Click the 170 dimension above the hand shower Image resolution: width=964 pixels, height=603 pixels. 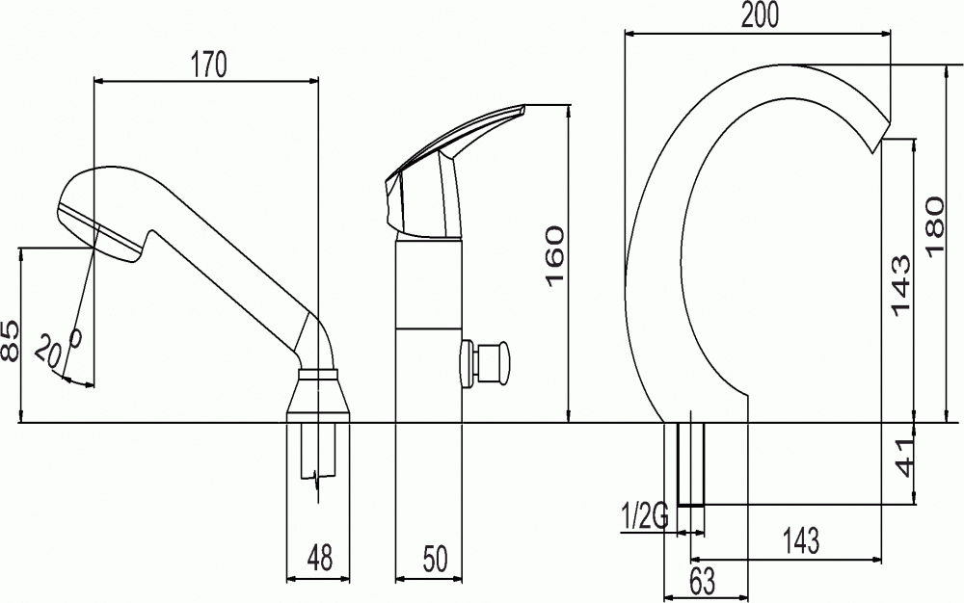click(208, 64)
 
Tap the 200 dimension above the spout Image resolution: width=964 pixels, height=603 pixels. click(760, 14)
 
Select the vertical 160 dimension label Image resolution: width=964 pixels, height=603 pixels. click(554, 255)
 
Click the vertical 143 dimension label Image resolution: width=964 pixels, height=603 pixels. click(900, 285)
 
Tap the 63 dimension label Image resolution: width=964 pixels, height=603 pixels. click(703, 581)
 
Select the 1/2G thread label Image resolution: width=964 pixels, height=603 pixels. click(646, 514)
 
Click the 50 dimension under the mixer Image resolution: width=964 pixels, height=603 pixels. click(436, 558)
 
